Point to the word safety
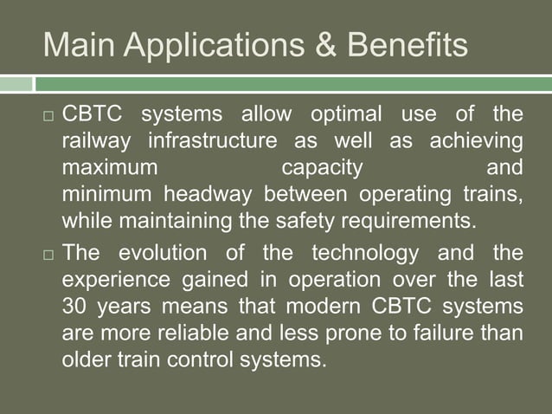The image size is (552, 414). [304, 218]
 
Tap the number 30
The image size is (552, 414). [75, 306]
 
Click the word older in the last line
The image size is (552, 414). [86, 358]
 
